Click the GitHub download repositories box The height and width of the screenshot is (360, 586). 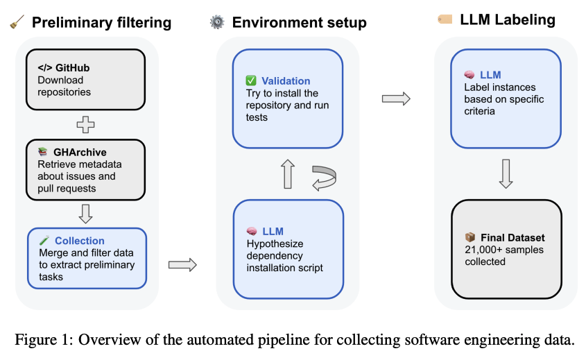[x=86, y=80]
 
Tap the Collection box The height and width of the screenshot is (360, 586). [x=87, y=257]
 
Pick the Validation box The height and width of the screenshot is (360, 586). [x=288, y=98]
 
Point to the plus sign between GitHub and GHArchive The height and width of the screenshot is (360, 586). [x=86, y=126]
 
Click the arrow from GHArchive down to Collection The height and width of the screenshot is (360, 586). [x=86, y=214]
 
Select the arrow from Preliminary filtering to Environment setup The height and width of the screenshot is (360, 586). [x=182, y=264]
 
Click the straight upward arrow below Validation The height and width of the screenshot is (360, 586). [x=287, y=175]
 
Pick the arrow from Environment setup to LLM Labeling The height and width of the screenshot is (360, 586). [x=396, y=98]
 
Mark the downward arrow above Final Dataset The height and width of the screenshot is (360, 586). [x=506, y=174]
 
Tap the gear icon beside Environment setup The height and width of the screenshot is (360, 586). [x=217, y=23]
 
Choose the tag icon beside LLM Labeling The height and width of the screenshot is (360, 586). [x=445, y=19]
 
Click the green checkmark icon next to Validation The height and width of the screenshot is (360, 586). [x=251, y=81]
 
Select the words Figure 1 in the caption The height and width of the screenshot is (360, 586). [x=40, y=340]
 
